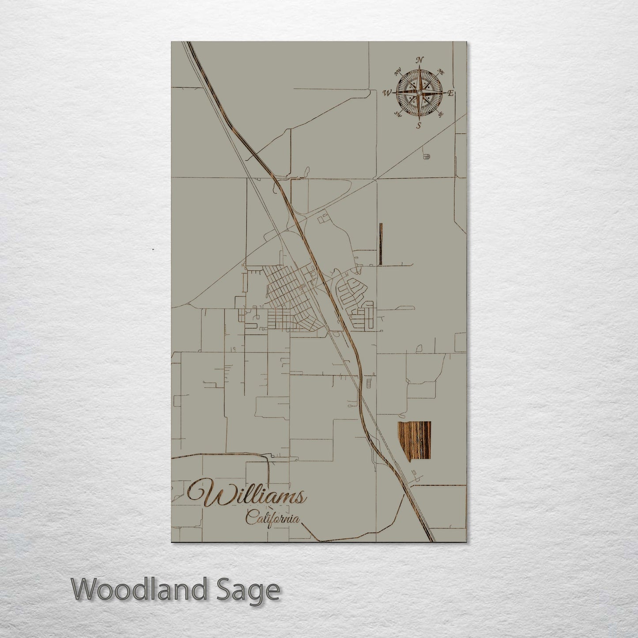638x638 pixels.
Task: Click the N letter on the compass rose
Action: [x=420, y=60]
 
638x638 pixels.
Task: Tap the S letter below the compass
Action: [x=418, y=125]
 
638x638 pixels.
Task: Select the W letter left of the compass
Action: [x=387, y=93]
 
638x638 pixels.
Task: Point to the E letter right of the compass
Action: [x=451, y=93]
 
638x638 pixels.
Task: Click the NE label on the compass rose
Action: [x=440, y=72]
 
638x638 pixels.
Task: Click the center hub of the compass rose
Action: [x=419, y=92]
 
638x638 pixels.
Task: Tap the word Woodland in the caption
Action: [x=143, y=589]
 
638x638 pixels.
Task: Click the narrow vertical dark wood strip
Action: [x=381, y=244]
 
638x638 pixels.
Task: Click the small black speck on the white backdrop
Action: [x=153, y=249]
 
